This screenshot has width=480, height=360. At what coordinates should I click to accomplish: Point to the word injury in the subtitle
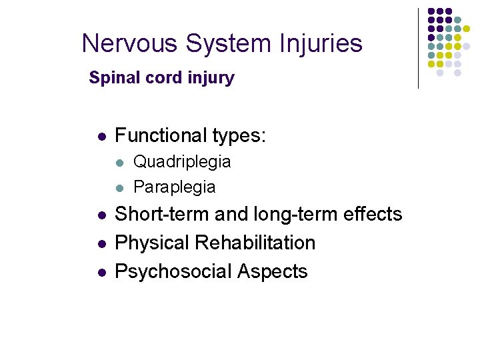click(211, 78)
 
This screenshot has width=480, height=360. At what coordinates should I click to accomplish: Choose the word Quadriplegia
click(182, 162)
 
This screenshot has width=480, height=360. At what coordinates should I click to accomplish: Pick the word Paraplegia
click(174, 187)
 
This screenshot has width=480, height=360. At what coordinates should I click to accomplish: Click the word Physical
click(153, 243)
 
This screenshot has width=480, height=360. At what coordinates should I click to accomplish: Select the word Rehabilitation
click(256, 243)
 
